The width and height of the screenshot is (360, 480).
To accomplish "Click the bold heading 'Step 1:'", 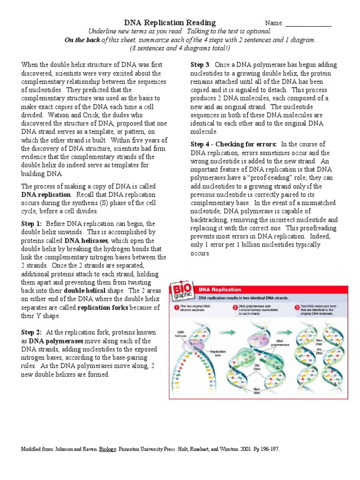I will coord(31,224).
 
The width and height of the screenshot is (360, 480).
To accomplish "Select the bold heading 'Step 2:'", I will coord(31,332).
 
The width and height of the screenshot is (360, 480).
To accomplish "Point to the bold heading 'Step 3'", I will coord(200,64).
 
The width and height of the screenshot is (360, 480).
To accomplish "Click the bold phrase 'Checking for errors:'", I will coord(252,144).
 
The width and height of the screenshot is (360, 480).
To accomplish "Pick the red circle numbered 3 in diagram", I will coord(297,307).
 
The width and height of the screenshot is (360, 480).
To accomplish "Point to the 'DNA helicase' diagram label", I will coord(180,334).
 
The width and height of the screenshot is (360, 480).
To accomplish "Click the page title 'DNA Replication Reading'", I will coord(170,22).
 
